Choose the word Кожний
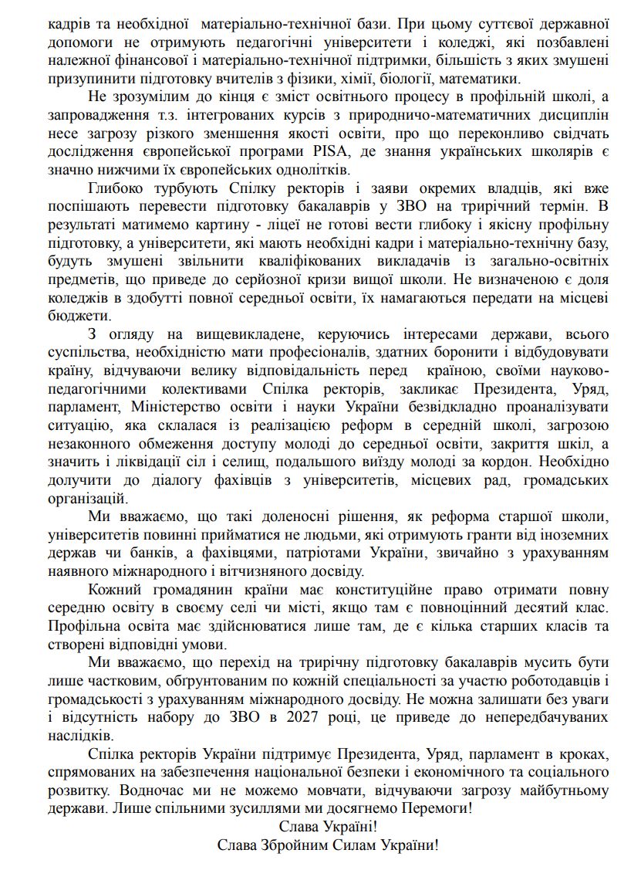[x=117, y=591]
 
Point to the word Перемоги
[x=440, y=809]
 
